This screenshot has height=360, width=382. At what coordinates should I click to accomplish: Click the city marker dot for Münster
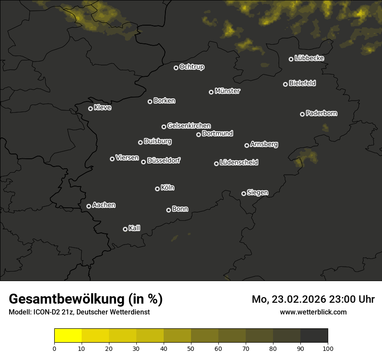211,92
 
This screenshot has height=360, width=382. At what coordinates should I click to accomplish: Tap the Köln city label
168,188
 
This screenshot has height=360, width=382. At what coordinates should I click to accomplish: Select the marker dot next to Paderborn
303,114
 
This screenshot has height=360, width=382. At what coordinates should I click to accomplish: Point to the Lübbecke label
309,58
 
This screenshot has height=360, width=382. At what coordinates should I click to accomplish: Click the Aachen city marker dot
89,206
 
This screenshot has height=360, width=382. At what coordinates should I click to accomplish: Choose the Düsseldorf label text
164,160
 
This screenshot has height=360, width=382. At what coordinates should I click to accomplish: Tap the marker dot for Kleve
91,108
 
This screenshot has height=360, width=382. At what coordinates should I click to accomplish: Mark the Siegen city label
257,193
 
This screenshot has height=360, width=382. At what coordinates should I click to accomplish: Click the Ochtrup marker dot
176,68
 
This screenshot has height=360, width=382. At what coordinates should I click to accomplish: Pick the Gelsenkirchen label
189,126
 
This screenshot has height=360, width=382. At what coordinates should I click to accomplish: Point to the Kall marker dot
125,229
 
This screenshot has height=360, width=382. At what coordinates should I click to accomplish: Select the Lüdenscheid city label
239,163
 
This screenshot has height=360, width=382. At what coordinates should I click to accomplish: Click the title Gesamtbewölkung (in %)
86,299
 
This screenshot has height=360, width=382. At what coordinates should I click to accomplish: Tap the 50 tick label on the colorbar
191,348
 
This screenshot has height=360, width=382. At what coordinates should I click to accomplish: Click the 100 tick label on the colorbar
328,348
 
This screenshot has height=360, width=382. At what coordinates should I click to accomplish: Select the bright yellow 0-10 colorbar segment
68,336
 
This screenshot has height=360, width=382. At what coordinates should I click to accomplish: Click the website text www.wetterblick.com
313,312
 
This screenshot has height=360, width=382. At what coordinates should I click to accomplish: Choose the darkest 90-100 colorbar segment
314,336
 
